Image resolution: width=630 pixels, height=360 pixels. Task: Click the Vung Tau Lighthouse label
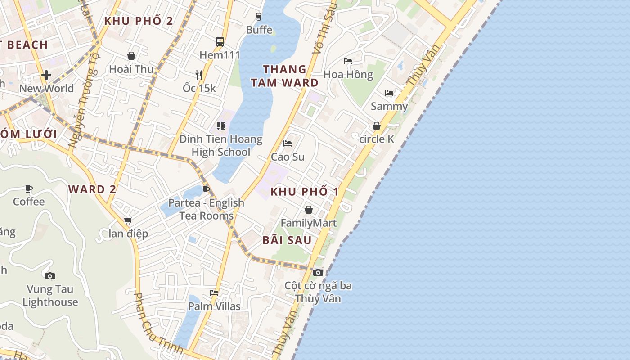[x=50, y=296]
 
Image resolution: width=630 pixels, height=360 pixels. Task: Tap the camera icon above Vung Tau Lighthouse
[x=50, y=276]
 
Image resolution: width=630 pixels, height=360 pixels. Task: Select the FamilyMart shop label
[x=309, y=223]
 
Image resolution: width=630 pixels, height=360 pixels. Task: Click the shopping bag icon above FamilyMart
[x=309, y=210]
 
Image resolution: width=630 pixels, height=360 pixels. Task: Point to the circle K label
[x=377, y=139]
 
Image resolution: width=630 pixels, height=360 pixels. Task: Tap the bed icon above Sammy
[x=389, y=93]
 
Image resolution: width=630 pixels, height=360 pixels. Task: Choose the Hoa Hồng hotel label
[x=348, y=74]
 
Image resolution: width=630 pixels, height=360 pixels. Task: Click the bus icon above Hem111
[x=220, y=42]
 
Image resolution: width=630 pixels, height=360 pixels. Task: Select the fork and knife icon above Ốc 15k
[x=199, y=75]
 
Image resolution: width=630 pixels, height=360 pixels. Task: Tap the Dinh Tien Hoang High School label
[x=221, y=145]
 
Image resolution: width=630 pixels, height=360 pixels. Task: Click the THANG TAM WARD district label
[x=285, y=76]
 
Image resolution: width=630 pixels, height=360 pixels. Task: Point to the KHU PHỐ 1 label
[x=305, y=192]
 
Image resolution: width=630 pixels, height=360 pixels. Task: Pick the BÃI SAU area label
[x=287, y=240]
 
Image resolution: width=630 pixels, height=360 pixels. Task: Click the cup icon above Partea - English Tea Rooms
[x=206, y=189]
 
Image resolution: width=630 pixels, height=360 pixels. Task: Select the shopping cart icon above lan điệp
[x=128, y=220]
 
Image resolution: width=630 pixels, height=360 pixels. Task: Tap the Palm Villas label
[x=214, y=306]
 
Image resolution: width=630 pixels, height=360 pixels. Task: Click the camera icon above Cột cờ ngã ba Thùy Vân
[x=318, y=272]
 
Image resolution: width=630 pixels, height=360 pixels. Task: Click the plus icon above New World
[x=46, y=75]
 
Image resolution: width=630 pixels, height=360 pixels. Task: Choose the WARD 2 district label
[x=92, y=189]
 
